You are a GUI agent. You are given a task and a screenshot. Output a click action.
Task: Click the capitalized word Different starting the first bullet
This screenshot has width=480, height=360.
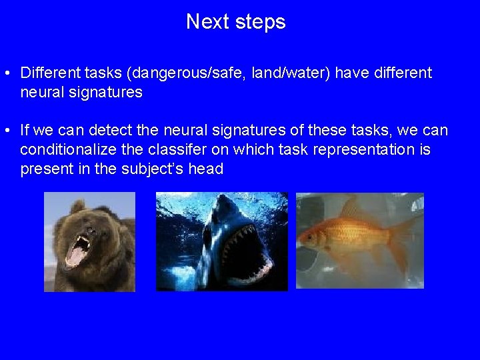(x=51, y=72)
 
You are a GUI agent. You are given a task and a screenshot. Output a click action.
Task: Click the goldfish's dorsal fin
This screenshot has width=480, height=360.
(x=360, y=212)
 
